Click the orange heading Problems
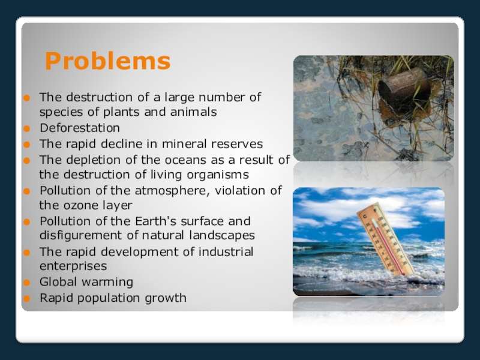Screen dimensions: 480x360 [107, 61]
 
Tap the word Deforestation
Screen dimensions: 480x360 [80, 128]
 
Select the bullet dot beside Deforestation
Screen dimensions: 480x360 [27, 128]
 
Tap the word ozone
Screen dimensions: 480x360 [77, 205]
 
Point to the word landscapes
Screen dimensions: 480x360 [222, 235]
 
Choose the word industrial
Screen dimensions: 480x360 [226, 251]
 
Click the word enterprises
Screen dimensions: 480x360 [73, 266]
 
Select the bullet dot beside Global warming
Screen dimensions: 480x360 [27, 282]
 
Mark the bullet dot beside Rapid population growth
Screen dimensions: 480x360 [27, 298]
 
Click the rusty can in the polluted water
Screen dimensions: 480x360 [404, 89]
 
